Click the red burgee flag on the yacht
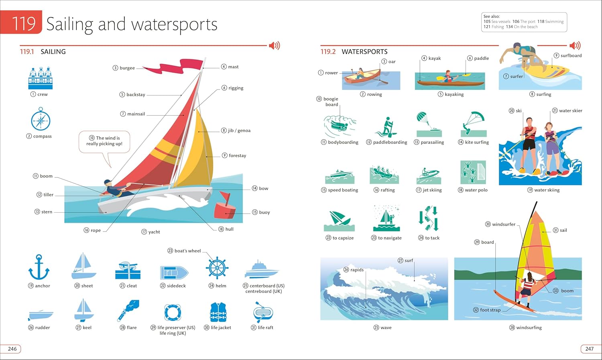coord(175,66)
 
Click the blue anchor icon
coord(39,267)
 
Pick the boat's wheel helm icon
coord(217,268)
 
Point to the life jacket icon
coord(218,312)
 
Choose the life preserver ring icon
coord(173,313)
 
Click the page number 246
coord(12,349)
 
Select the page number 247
coord(590,349)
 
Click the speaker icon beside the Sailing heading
coord(275,46)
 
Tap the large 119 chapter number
coord(24,23)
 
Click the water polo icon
coord(473,172)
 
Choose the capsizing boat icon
coord(339,221)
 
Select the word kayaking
coord(454,94)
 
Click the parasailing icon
coord(429,124)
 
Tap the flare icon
coord(128,311)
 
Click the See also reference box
coord(524,22)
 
